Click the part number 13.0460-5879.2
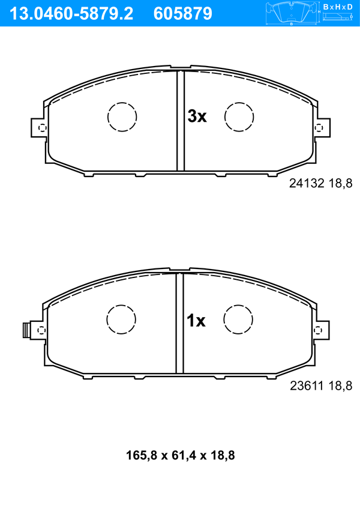(71, 14)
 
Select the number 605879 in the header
(183, 14)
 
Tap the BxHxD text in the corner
(338, 7)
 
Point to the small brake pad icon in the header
(291, 13)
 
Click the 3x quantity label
(197, 116)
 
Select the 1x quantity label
(196, 321)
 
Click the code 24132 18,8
(321, 183)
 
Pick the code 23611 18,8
(321, 386)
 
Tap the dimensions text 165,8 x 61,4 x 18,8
(180, 455)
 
